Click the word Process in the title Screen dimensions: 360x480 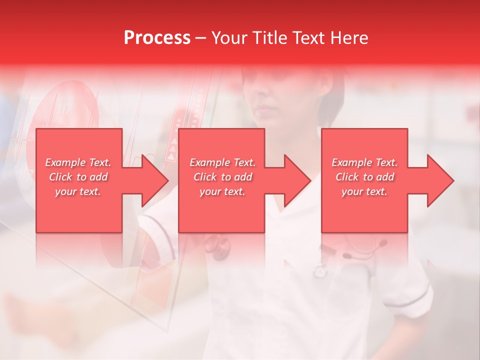point(157,38)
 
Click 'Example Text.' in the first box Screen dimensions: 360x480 point(78,162)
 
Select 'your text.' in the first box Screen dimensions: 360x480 point(78,191)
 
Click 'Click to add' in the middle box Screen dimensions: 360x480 point(222,177)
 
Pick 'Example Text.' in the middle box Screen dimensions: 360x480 point(222,162)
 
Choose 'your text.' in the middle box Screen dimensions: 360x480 point(222,191)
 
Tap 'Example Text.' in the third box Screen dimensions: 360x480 point(364,162)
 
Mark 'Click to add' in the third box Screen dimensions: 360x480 point(364,177)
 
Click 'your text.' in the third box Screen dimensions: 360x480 point(364,191)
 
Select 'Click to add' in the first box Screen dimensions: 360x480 point(78,177)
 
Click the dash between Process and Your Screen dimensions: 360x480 point(201,38)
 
